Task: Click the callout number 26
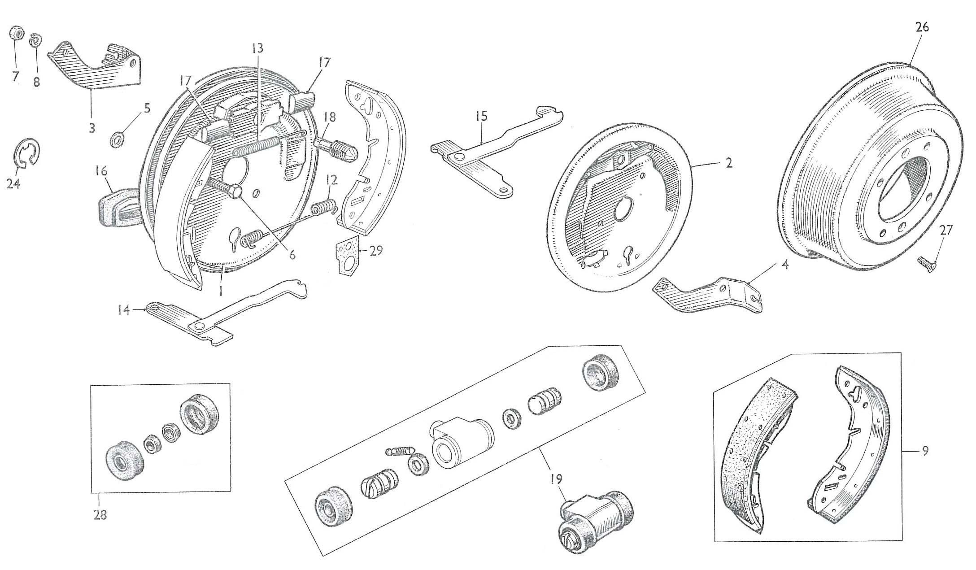pyautogui.click(x=922, y=27)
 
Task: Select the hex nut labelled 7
pyautogui.click(x=14, y=33)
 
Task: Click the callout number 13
pyautogui.click(x=257, y=48)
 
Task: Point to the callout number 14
pyautogui.click(x=123, y=309)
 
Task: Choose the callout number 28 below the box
pyautogui.click(x=100, y=514)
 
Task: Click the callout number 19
pyautogui.click(x=555, y=480)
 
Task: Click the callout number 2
pyautogui.click(x=728, y=163)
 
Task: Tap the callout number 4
pyautogui.click(x=784, y=265)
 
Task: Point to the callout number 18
pyautogui.click(x=330, y=118)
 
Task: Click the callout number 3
pyautogui.click(x=92, y=128)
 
